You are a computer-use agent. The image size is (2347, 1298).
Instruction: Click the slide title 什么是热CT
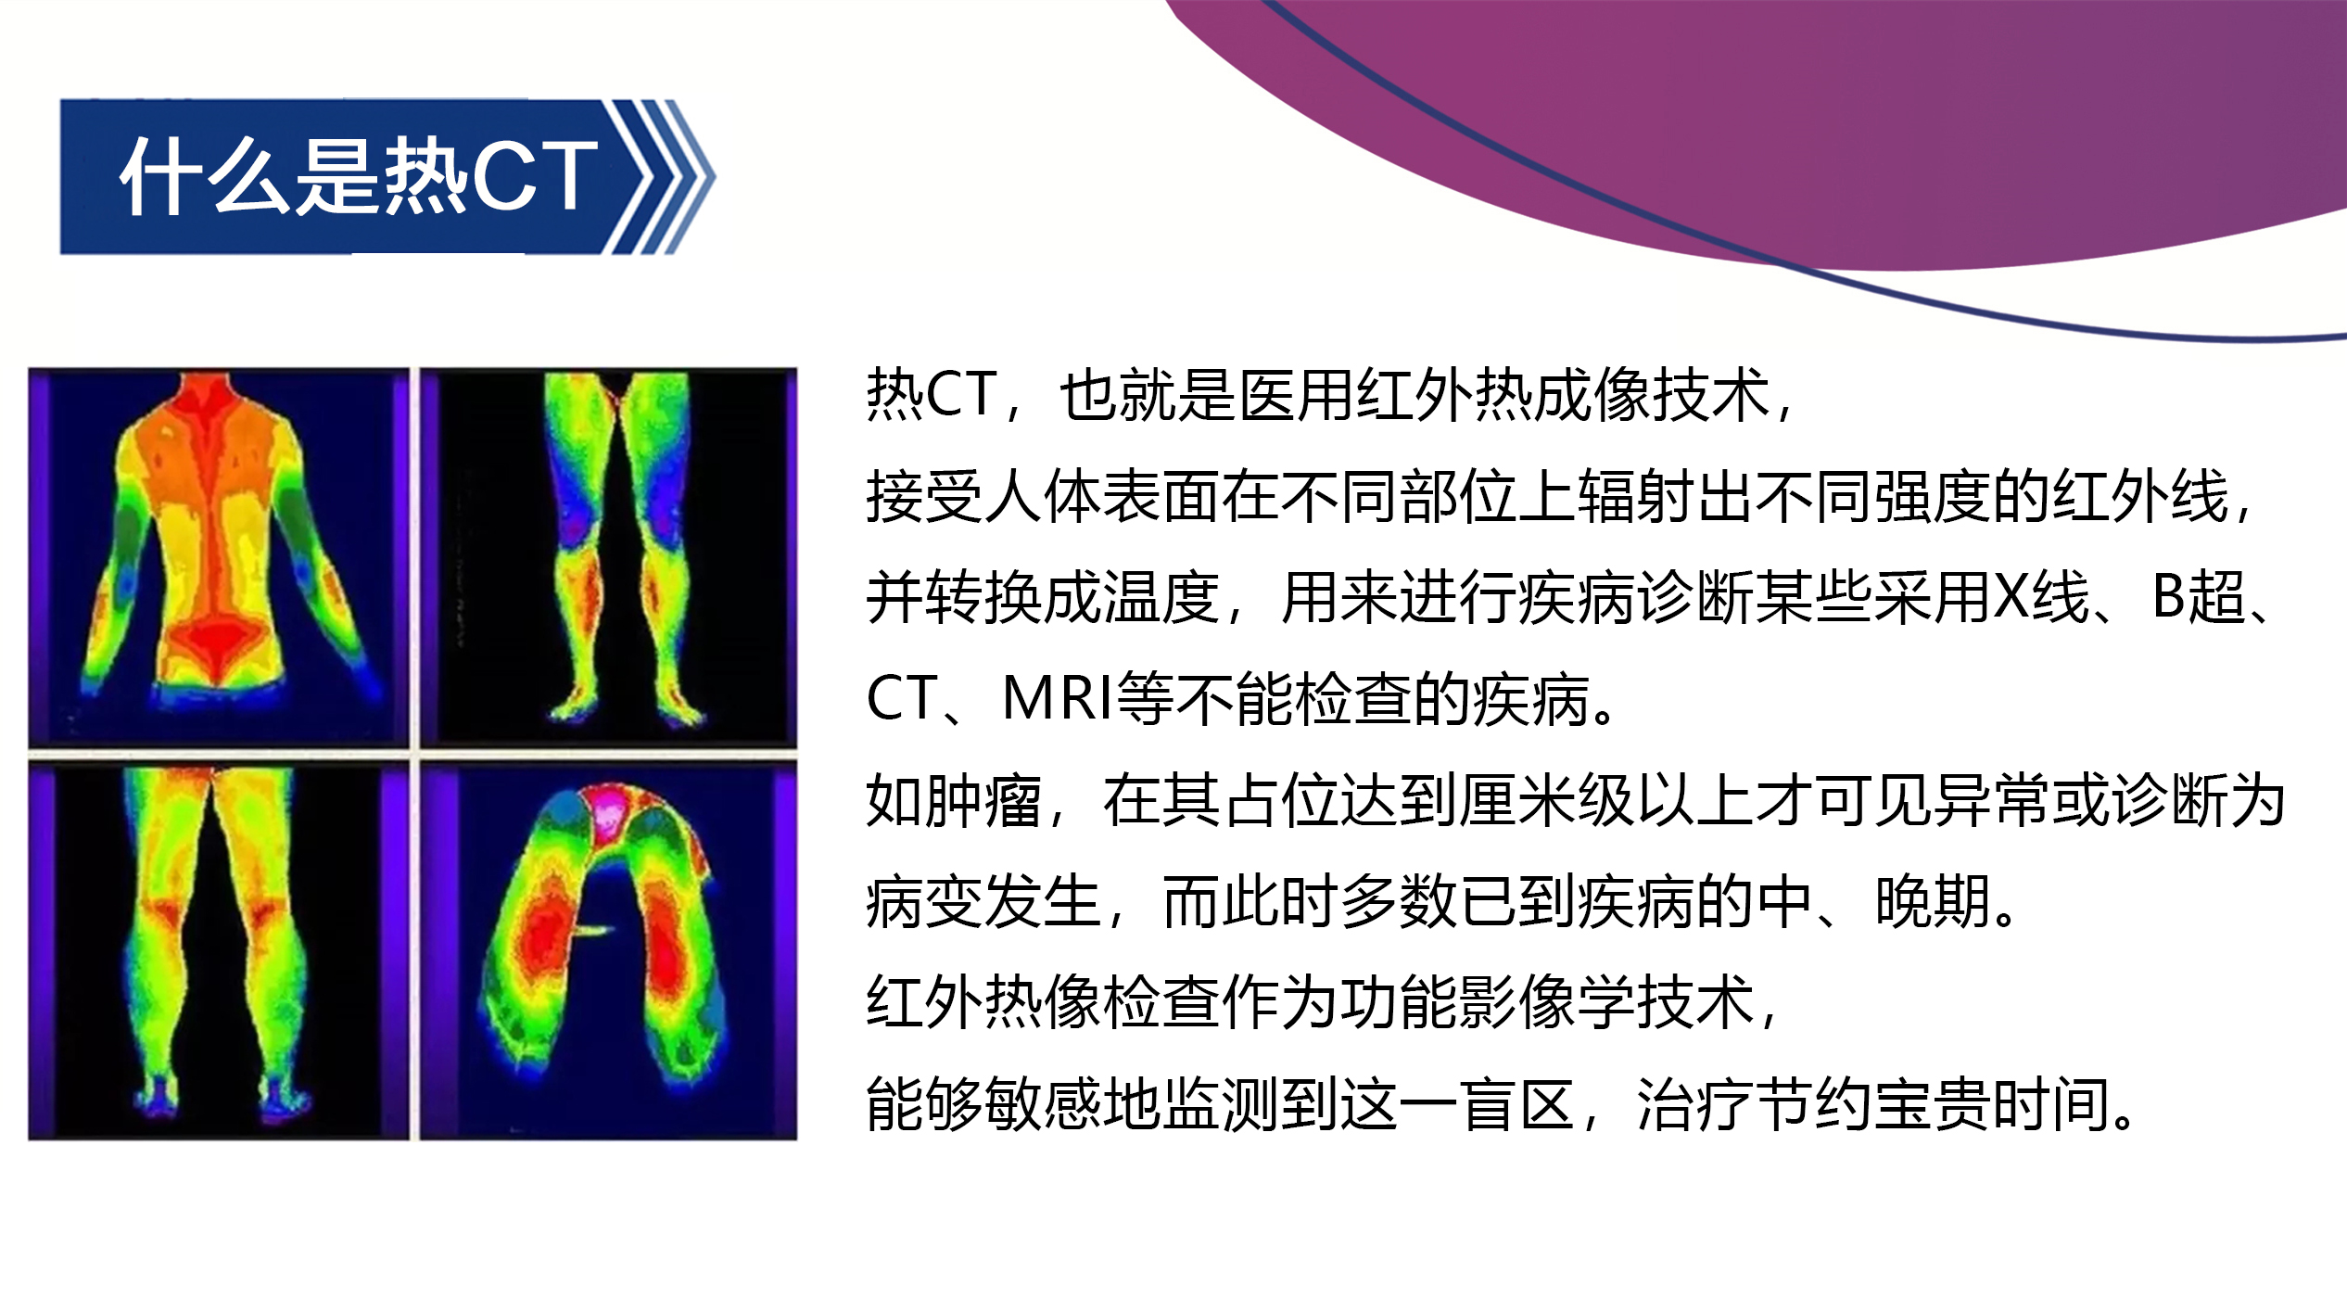359,175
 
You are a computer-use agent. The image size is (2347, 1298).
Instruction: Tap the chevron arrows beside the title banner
660,176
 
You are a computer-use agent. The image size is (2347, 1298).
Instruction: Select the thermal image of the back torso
219,557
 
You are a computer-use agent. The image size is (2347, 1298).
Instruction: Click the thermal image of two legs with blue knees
608,557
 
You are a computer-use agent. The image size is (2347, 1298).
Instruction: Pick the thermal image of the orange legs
219,949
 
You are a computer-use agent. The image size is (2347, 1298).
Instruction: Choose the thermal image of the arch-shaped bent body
608,949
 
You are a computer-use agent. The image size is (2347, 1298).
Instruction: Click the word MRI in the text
1058,697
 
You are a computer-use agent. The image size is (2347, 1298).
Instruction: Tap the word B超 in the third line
2195,596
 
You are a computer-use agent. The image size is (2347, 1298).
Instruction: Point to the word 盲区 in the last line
1517,1104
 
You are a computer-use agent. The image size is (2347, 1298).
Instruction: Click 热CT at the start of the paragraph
932,394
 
